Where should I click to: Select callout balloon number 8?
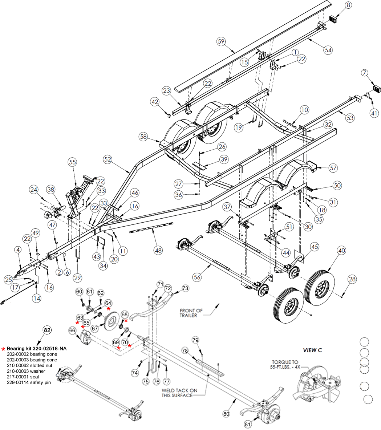(348, 5)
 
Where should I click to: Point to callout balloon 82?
(47, 330)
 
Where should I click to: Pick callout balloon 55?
(73, 162)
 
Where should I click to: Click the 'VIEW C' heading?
(312, 350)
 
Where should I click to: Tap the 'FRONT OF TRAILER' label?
(191, 313)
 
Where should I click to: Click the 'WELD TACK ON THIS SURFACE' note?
(180, 393)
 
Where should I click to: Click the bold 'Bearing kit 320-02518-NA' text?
(36, 349)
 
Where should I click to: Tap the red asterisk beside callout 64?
(109, 308)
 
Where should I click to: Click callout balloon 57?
(333, 168)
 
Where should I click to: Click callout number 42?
(155, 102)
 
